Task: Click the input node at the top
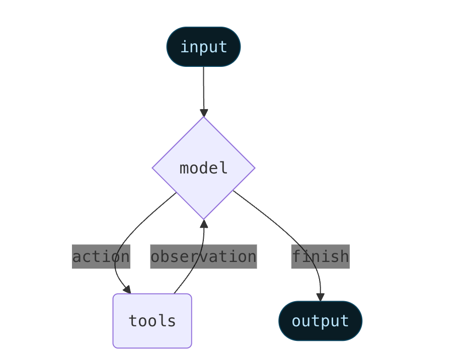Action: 203,47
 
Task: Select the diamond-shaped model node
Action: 203,168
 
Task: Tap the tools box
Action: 152,321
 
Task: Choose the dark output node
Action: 320,321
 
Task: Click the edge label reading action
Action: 101,256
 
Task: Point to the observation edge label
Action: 203,256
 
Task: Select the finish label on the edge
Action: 320,256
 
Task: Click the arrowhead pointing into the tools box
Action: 127,289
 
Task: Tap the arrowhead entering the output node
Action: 320,297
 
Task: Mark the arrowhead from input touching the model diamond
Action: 204,112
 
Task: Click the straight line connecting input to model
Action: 203,88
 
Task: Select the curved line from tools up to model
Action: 191,272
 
